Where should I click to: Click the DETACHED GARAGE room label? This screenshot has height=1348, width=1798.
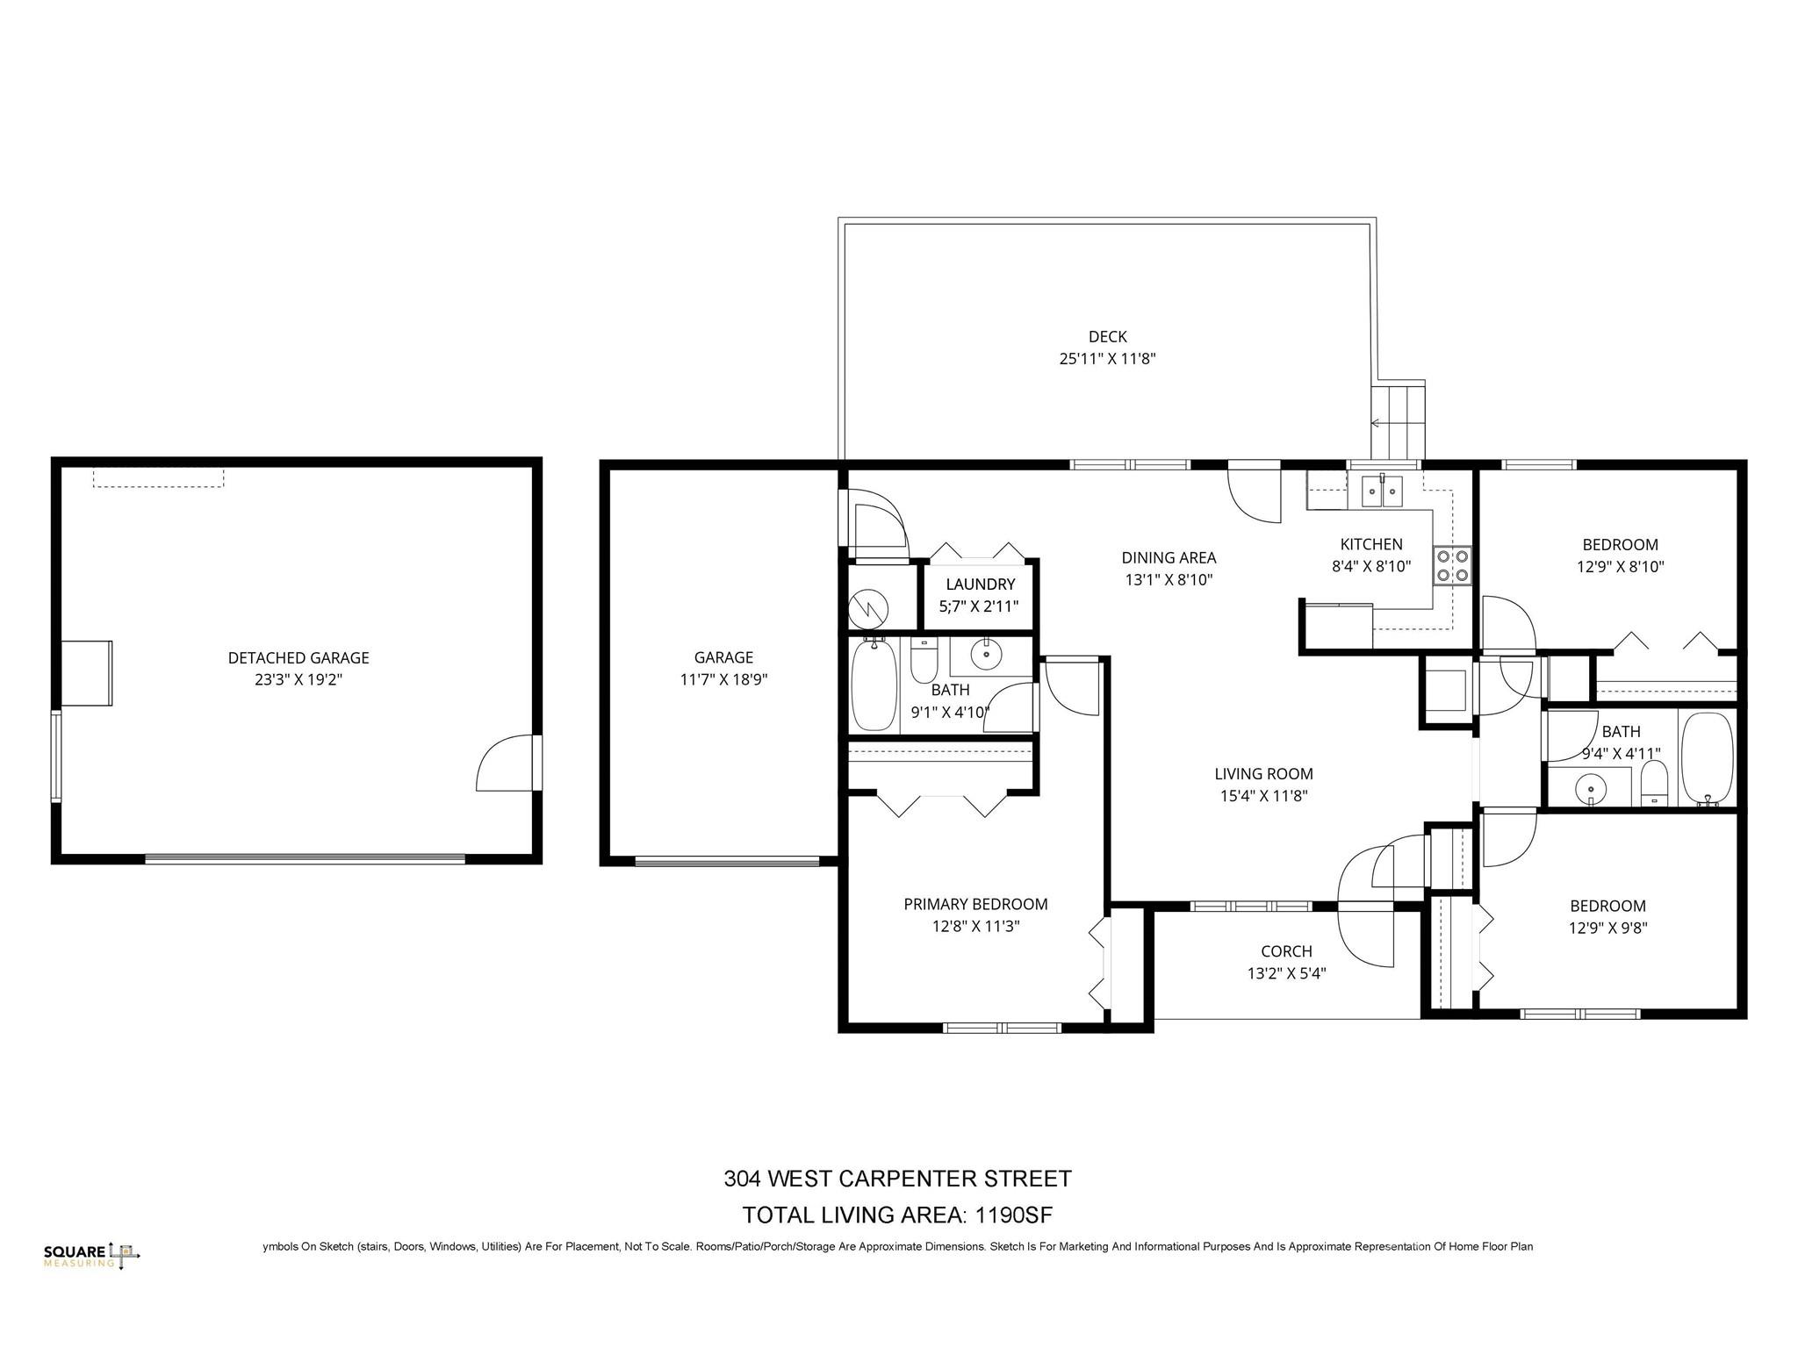[298, 657]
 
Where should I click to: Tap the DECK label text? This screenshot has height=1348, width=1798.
[1107, 336]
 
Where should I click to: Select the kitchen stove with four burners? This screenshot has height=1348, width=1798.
[1451, 565]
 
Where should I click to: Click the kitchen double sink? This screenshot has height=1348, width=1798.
[1383, 491]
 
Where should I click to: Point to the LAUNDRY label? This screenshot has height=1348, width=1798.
[980, 584]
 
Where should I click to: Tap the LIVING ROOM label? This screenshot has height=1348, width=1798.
[1263, 774]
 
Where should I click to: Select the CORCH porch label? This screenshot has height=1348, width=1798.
[1286, 951]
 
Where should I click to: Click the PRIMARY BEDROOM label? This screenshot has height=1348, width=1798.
[975, 904]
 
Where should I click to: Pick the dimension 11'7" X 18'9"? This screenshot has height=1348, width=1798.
[723, 679]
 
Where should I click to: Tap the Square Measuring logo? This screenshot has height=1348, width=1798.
[91, 1255]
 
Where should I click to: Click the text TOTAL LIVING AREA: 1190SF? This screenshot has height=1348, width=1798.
[897, 1215]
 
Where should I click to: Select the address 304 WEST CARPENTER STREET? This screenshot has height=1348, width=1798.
[897, 1179]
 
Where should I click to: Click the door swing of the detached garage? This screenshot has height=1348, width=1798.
[504, 763]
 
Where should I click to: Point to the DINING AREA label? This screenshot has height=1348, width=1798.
[1169, 557]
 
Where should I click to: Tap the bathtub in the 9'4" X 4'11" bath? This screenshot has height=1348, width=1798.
[1706, 759]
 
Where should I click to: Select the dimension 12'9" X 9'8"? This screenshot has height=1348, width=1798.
[1608, 928]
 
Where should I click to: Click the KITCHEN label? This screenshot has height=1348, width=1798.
[1371, 544]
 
